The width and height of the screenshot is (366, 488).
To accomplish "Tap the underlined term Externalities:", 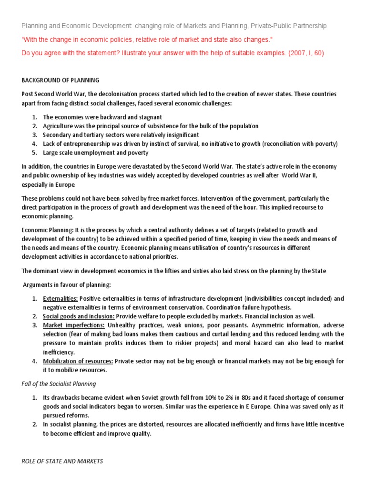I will click(x=61, y=299).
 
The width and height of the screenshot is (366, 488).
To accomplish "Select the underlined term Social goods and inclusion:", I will click(x=79, y=316).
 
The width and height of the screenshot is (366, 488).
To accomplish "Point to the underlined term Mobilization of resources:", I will click(x=78, y=361).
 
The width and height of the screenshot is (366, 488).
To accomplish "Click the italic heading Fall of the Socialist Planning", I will click(x=59, y=384).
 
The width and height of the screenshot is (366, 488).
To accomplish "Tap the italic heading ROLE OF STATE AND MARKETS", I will click(x=62, y=461).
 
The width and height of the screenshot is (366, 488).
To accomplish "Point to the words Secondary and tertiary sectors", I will click(x=82, y=135).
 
